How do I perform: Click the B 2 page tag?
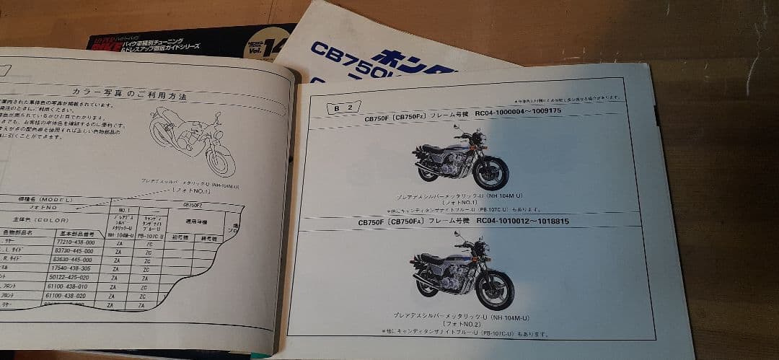coord(343,107)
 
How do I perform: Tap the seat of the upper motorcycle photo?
coord(435,148)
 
